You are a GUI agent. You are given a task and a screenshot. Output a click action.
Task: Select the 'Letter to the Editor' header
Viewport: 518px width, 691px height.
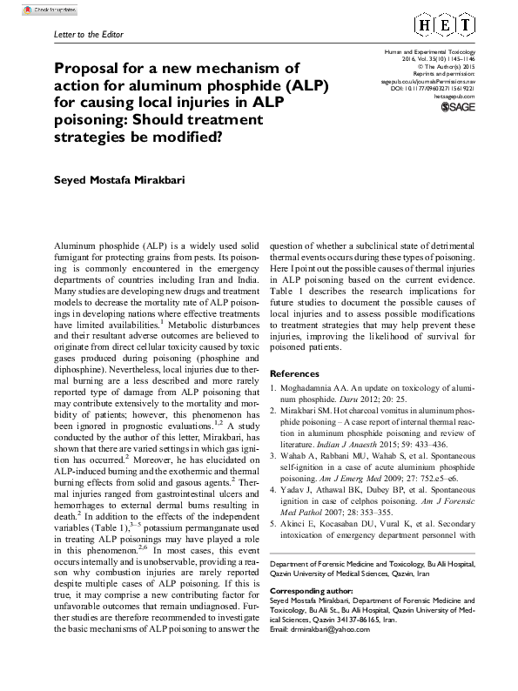click(77, 35)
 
